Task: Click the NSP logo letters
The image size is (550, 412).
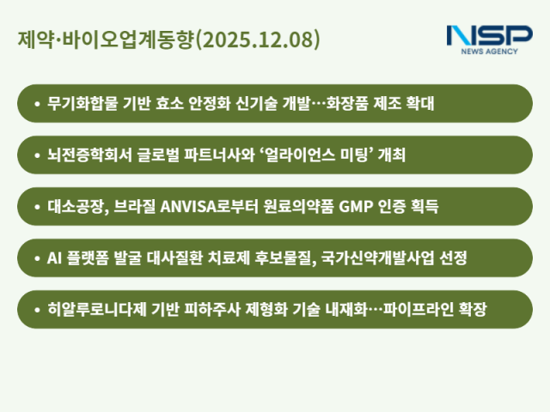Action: coord(489,35)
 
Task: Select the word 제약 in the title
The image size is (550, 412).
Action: coord(33,39)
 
